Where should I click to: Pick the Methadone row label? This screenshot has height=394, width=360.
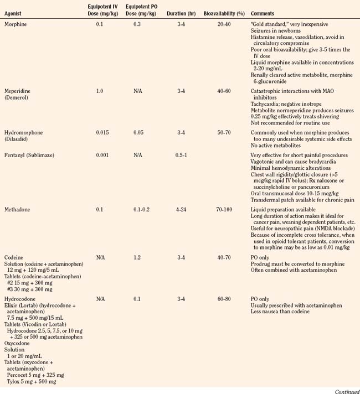coord(17,210)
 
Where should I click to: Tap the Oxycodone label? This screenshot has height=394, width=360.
coord(18,343)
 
